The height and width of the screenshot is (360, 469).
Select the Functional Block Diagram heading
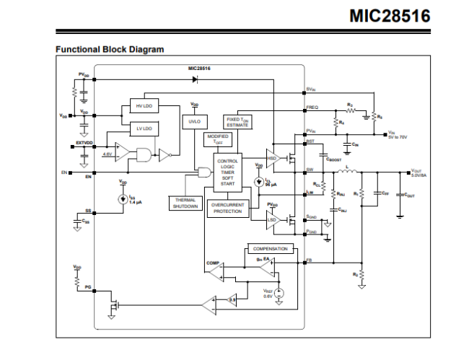[x=109, y=49]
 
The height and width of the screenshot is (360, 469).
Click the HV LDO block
[x=144, y=107]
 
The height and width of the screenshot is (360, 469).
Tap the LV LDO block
[x=144, y=128]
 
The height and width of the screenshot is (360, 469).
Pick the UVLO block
[x=194, y=121]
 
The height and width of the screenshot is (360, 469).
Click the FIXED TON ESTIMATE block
[x=237, y=122]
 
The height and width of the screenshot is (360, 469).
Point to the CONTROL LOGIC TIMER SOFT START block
[x=227, y=172]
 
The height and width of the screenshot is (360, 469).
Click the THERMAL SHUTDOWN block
[x=185, y=203]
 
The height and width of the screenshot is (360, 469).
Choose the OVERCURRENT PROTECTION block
[x=228, y=208]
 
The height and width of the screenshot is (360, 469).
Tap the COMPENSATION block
[x=270, y=249]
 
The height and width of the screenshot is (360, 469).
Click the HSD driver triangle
[x=273, y=158]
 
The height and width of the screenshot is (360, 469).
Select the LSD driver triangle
[x=273, y=219]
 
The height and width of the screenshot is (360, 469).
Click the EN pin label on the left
[x=64, y=173]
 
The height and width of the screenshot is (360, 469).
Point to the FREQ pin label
[x=312, y=107]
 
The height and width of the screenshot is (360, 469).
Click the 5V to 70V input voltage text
[x=398, y=136]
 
